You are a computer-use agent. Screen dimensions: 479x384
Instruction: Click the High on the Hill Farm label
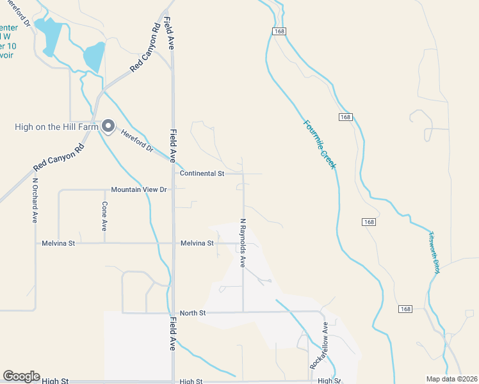tap(56, 127)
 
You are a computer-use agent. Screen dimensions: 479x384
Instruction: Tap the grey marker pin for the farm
tap(108, 125)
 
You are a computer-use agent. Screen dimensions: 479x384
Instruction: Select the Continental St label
tap(202, 173)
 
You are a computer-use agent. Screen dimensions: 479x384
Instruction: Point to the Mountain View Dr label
tap(138, 190)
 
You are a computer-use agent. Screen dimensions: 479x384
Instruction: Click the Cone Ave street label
tap(104, 216)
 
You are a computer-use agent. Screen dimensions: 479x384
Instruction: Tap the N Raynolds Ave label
tap(243, 243)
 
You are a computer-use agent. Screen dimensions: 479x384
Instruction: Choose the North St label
tap(193, 313)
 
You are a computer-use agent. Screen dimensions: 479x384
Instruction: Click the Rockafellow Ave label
tap(319, 346)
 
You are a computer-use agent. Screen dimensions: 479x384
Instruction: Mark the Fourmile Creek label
tap(319, 144)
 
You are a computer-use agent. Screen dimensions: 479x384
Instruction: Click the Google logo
tap(21, 376)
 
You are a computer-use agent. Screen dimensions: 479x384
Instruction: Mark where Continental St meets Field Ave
tap(174, 173)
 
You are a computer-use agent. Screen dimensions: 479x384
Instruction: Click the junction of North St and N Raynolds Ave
tap(243, 312)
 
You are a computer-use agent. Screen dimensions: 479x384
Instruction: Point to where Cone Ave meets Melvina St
tap(104, 243)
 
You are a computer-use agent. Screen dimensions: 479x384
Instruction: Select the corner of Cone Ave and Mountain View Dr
tap(104, 190)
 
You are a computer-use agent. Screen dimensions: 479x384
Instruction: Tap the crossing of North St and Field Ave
tap(174, 312)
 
